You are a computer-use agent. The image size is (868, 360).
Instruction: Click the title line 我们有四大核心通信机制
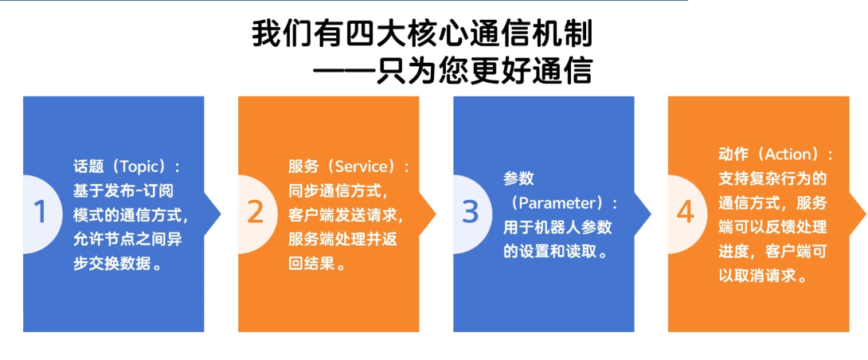[423, 35]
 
